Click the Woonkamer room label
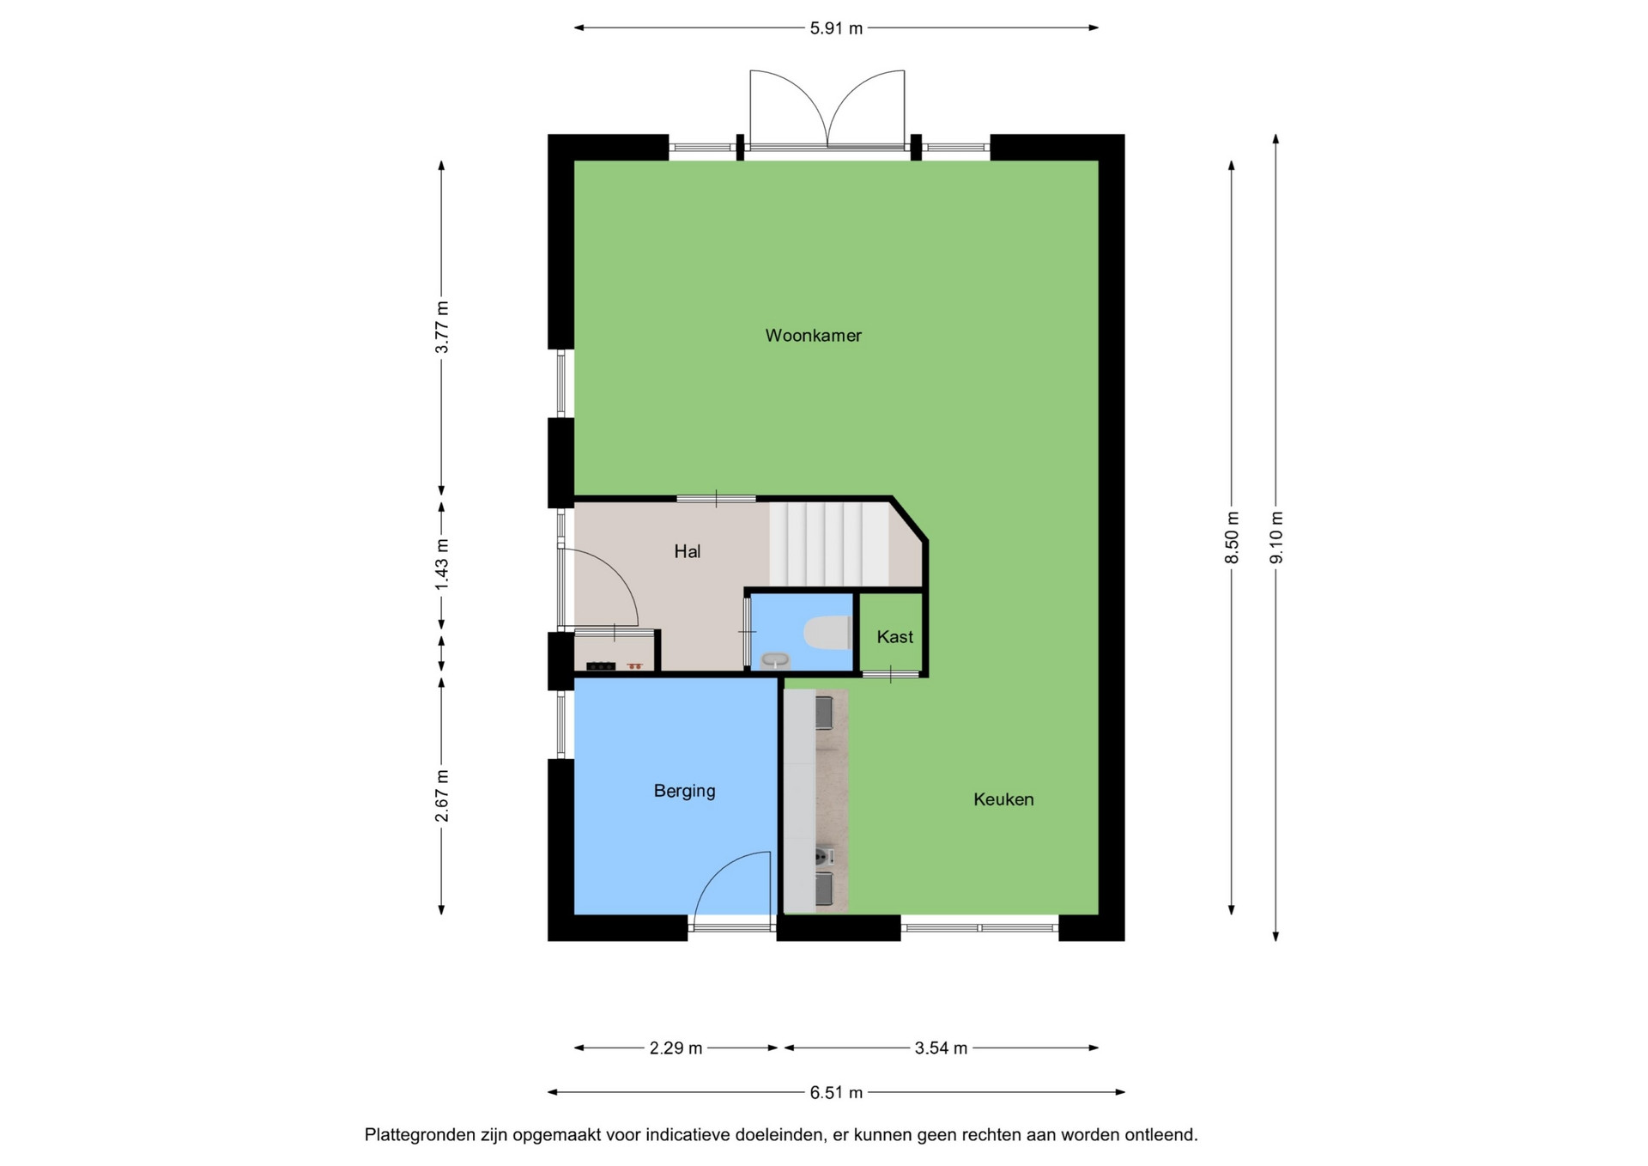point(813,336)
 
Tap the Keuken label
point(1003,799)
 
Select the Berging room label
point(684,791)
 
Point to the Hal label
point(687,552)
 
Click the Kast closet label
point(894,637)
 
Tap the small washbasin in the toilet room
point(775,660)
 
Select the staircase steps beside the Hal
point(829,544)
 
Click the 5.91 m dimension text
point(836,28)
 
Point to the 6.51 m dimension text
point(836,1093)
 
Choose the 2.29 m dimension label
point(676,1048)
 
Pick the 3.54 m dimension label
point(941,1048)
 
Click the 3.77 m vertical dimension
point(441,327)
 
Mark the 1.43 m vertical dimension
point(441,563)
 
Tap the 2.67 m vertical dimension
point(441,795)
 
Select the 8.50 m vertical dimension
point(1232,537)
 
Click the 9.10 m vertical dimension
point(1276,537)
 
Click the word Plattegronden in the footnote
point(421,1136)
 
